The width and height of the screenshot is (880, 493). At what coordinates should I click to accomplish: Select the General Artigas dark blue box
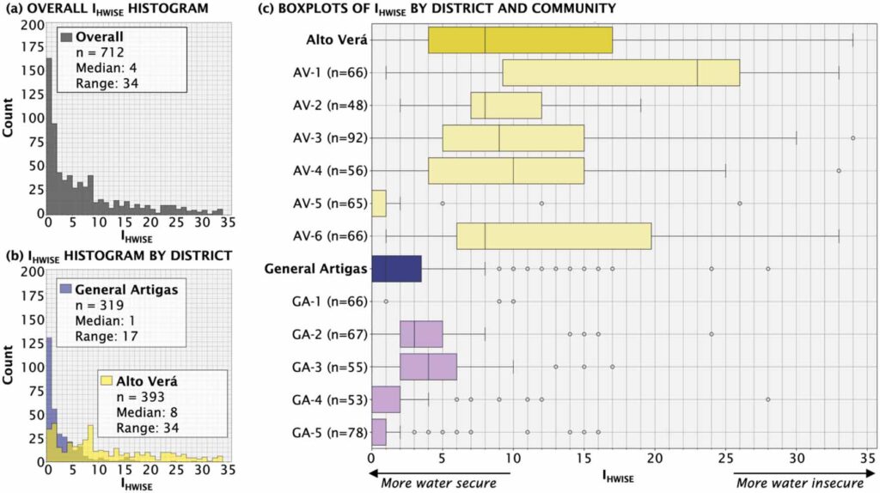point(396,269)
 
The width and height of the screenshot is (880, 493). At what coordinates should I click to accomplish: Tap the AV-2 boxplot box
point(506,105)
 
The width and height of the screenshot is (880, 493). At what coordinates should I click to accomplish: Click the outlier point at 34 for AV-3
point(852,137)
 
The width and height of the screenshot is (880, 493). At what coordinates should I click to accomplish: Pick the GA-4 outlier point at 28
point(767,400)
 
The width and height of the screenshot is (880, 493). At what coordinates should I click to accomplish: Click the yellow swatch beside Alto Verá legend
point(107,380)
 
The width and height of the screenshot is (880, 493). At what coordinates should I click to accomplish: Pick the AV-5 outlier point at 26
point(739,204)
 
